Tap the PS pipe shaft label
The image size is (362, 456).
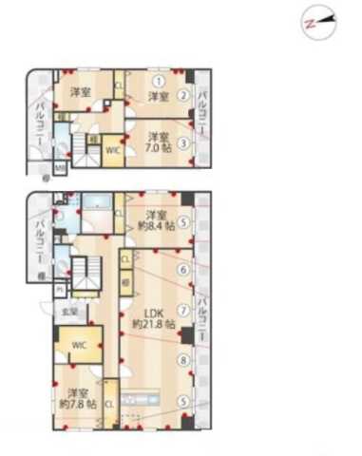[x=59, y=290]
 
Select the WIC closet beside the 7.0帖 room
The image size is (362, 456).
[x=111, y=150]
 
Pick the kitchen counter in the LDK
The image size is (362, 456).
[x=142, y=418]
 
